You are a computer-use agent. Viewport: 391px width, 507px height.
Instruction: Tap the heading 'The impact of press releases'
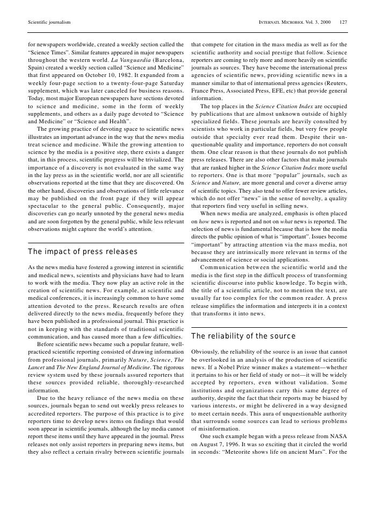pos(82,252)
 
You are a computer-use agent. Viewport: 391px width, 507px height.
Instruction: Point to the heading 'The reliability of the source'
pos(243,336)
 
